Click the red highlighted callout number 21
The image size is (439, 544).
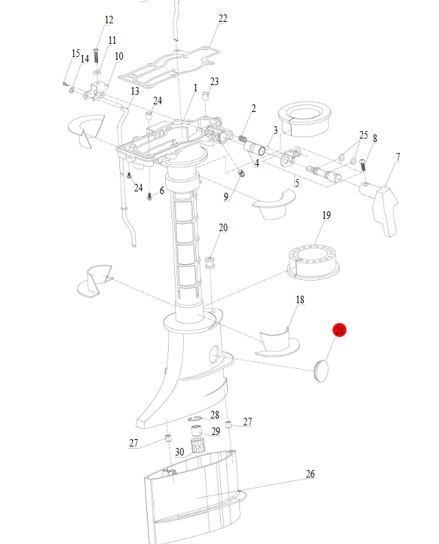click(340, 331)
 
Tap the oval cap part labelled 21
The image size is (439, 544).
click(320, 370)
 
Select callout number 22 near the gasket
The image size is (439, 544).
click(222, 19)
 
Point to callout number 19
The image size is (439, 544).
click(327, 215)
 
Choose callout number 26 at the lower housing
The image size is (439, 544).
click(310, 474)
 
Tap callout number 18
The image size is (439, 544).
click(300, 300)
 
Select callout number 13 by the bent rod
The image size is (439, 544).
click(134, 91)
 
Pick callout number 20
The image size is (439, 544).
click(223, 227)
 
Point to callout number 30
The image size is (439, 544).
click(179, 452)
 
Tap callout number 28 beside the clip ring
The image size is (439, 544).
click(215, 415)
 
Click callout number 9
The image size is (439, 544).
click(226, 197)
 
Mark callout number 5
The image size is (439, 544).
click(297, 183)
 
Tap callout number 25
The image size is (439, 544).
click(364, 134)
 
